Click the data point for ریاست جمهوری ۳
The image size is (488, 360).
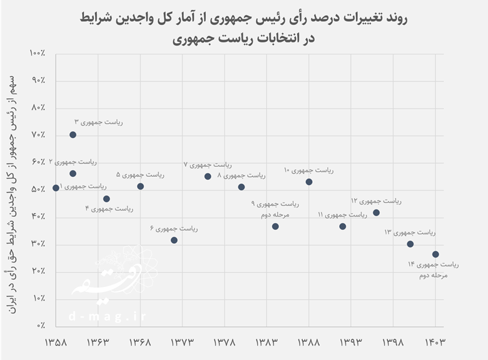[x=73, y=134]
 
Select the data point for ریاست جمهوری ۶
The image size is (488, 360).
[x=174, y=240]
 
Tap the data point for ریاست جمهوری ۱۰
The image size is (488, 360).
[x=309, y=182]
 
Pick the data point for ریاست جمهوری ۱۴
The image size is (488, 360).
[x=435, y=254]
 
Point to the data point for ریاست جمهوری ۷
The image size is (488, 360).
[x=208, y=176]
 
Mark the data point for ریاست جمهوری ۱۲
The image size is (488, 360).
[x=376, y=212]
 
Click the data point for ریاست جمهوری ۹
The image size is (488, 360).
[x=275, y=226]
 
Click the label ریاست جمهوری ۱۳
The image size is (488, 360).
[x=409, y=232]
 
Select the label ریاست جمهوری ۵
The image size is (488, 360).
[x=140, y=174]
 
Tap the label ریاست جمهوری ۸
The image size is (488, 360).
[x=241, y=176]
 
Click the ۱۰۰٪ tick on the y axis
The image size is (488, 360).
[x=37, y=54]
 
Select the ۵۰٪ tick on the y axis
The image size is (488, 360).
[x=37, y=189]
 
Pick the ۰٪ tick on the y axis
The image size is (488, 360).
[x=40, y=326]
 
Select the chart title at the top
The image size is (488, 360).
[x=244, y=28]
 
